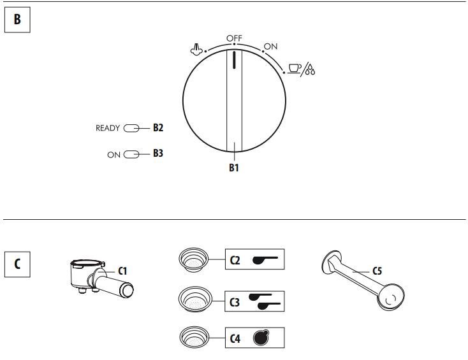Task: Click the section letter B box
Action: [x=17, y=20]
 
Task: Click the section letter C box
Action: [x=17, y=264]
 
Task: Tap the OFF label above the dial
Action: [x=234, y=38]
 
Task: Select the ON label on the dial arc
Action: [x=270, y=47]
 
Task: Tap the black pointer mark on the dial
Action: [x=234, y=59]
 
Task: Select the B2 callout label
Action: [x=157, y=128]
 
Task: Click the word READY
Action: [x=108, y=128]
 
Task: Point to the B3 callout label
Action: [x=157, y=154]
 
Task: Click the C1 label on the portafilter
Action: [x=122, y=271]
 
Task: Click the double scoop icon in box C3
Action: [x=265, y=301]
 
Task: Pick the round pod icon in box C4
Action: [x=260, y=338]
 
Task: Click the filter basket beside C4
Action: [x=193, y=336]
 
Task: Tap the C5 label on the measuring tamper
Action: [x=377, y=271]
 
